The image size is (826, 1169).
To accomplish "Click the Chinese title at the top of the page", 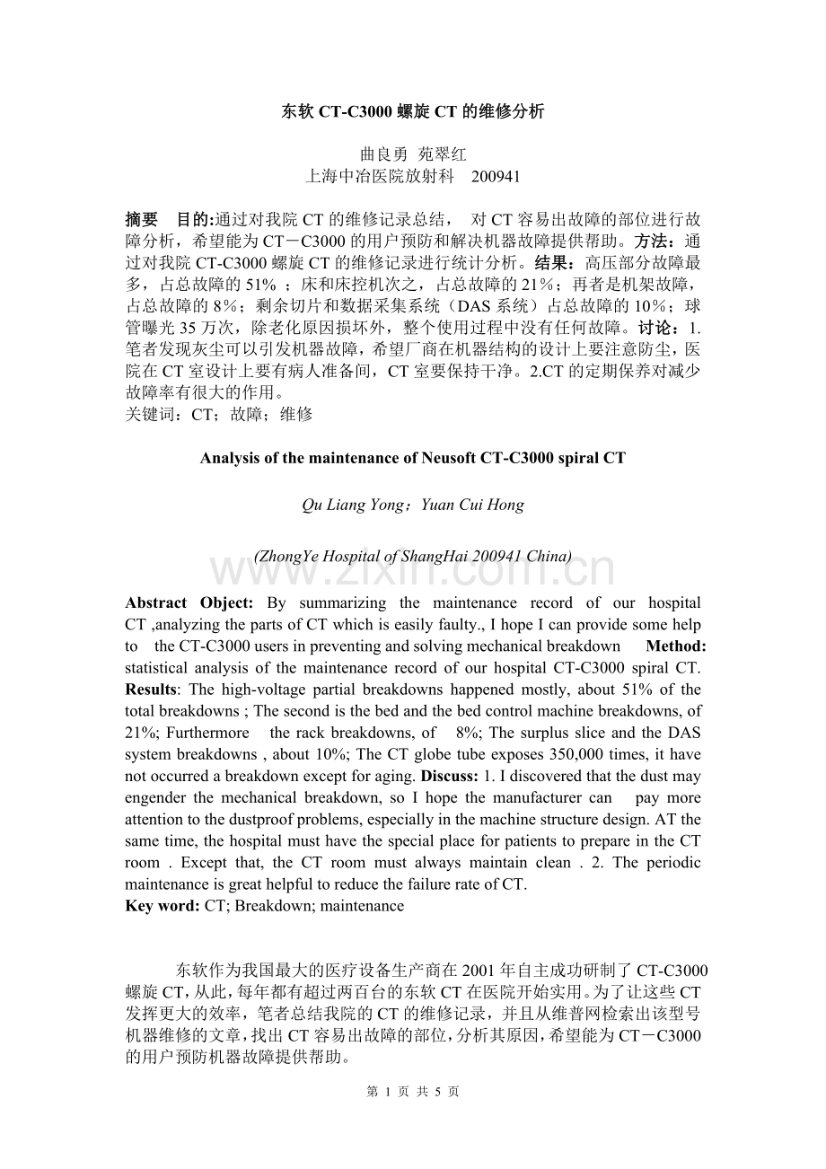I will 413,111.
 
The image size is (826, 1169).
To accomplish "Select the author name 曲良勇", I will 383,154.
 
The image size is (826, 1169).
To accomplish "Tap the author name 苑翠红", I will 443,154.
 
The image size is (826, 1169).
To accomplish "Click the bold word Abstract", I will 155,603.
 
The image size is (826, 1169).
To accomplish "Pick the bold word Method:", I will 675,646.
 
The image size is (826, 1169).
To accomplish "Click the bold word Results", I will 150,690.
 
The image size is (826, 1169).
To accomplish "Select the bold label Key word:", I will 163,905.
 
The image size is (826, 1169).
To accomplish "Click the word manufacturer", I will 538,797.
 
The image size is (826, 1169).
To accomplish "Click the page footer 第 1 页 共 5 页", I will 413,1092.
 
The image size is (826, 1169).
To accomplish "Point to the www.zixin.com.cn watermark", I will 413,571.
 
